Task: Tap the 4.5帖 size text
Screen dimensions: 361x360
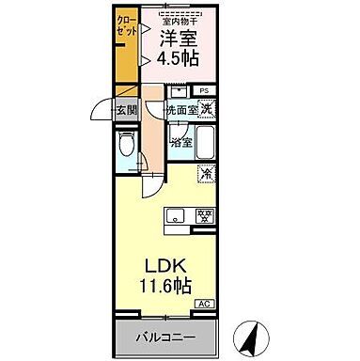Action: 177,60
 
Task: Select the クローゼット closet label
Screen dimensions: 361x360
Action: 125,25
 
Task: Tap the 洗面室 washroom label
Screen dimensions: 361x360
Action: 181,110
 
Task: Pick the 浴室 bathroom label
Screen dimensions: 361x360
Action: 181,143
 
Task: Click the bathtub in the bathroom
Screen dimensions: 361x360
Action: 208,143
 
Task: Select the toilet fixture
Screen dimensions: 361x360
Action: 126,148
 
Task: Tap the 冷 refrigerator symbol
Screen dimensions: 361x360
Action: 207,173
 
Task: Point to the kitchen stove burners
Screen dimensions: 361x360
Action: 203,215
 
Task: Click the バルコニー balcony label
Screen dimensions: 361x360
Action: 164,336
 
